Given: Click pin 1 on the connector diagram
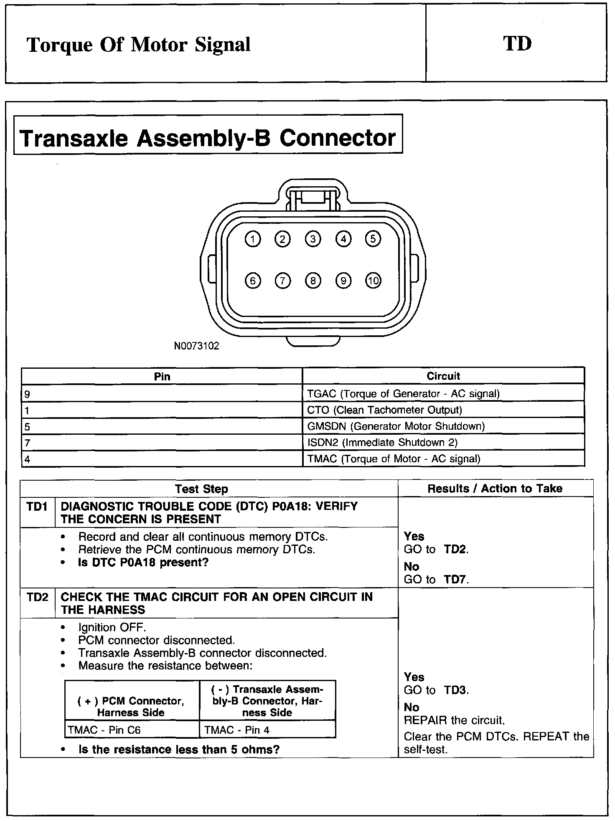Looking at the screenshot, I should coord(252,239).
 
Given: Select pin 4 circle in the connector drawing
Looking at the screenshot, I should coord(343,239).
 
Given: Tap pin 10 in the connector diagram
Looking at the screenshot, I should coord(373,281).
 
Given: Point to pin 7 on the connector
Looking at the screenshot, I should coord(283,281).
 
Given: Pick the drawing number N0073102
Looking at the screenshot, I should coord(196,346).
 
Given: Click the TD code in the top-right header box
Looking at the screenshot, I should coord(517,44).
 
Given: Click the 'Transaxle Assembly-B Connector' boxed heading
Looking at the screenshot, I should coord(208,138).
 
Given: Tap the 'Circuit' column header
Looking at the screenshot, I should coord(443,376).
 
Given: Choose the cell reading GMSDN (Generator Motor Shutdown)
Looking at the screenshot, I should coord(396,426).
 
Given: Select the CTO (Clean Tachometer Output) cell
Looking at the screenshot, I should coord(384,410).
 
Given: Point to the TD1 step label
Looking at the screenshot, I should coord(37,507).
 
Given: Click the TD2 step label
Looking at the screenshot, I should coord(37,598).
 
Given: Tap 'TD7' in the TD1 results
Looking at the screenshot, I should coord(455,580).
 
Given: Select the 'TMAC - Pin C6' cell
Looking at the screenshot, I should coord(104,730).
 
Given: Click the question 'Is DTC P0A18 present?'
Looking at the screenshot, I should coord(143,563).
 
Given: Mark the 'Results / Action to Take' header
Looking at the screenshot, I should coord(495,489).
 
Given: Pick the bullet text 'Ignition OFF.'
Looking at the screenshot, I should coord(112,628).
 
